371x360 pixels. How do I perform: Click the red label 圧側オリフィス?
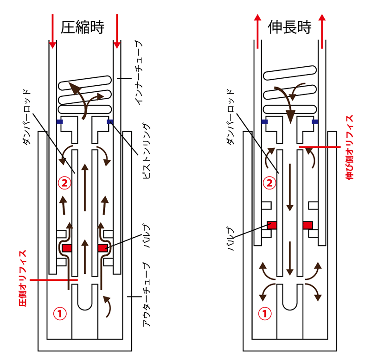point(22,278)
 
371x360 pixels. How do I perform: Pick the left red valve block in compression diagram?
point(67,248)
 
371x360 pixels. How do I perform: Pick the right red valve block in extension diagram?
point(307,225)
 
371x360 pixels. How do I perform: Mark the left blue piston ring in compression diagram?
point(59,122)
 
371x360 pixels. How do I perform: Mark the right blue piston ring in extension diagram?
point(315,122)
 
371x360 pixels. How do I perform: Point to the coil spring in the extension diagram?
point(290,93)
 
